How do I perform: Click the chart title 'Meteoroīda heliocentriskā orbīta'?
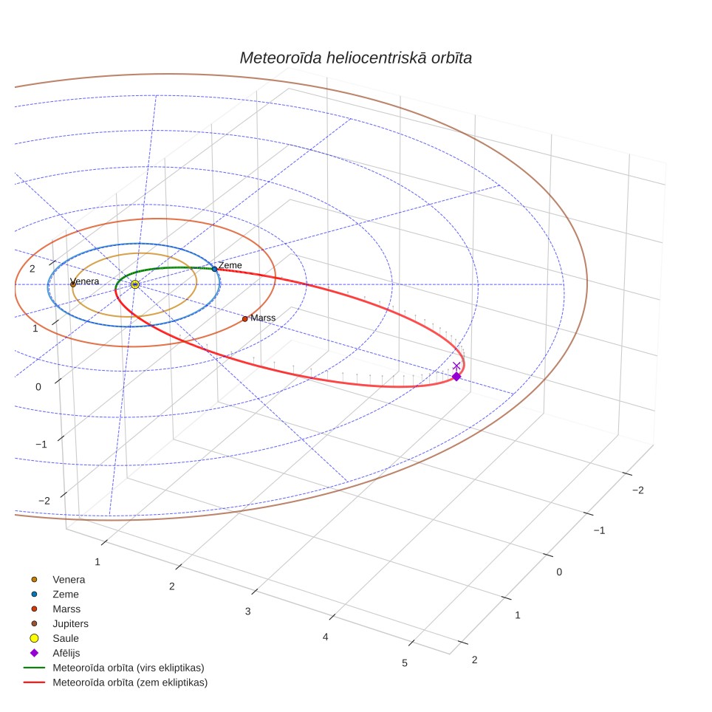(355, 58)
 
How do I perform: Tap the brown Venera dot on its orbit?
(72, 284)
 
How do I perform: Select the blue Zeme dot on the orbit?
(215, 269)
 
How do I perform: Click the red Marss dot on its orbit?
(244, 319)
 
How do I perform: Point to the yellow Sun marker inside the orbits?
(135, 284)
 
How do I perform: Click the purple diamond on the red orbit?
(456, 377)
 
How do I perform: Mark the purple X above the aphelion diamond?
(456, 366)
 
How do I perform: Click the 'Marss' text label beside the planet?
(263, 318)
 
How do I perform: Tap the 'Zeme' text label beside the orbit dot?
(230, 265)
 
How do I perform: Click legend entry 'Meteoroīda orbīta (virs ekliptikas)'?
(114, 668)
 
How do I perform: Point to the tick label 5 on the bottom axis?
(405, 663)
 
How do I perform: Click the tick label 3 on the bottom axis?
(248, 612)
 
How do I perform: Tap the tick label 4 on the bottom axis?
(325, 637)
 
